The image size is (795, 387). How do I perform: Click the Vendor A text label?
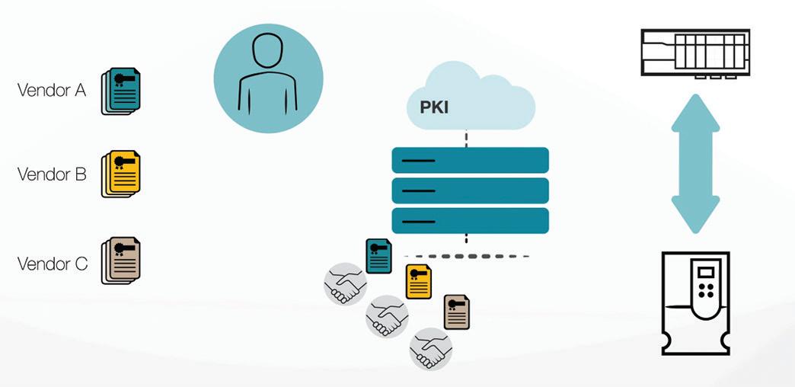pos(51,91)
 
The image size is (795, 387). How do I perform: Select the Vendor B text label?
pos(51,174)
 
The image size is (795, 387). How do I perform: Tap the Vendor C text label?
pos(52,264)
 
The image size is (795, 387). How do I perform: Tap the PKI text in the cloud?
pos(433,107)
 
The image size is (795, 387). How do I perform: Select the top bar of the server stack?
pos(470,160)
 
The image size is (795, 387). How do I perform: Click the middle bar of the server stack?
pos(470,190)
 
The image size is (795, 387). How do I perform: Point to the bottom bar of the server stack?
pos(470,220)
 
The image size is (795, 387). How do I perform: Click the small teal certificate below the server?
pos(379,256)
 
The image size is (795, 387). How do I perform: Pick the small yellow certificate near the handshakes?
pos(418,282)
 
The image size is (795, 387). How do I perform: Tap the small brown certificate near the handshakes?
pos(457,312)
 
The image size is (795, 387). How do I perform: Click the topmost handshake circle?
pos(345,285)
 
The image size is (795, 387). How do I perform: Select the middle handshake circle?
pos(387,316)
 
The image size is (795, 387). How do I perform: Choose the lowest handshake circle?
pos(430,348)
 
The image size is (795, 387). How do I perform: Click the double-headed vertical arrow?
pos(695,165)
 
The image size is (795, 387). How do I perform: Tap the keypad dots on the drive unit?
pos(707,290)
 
